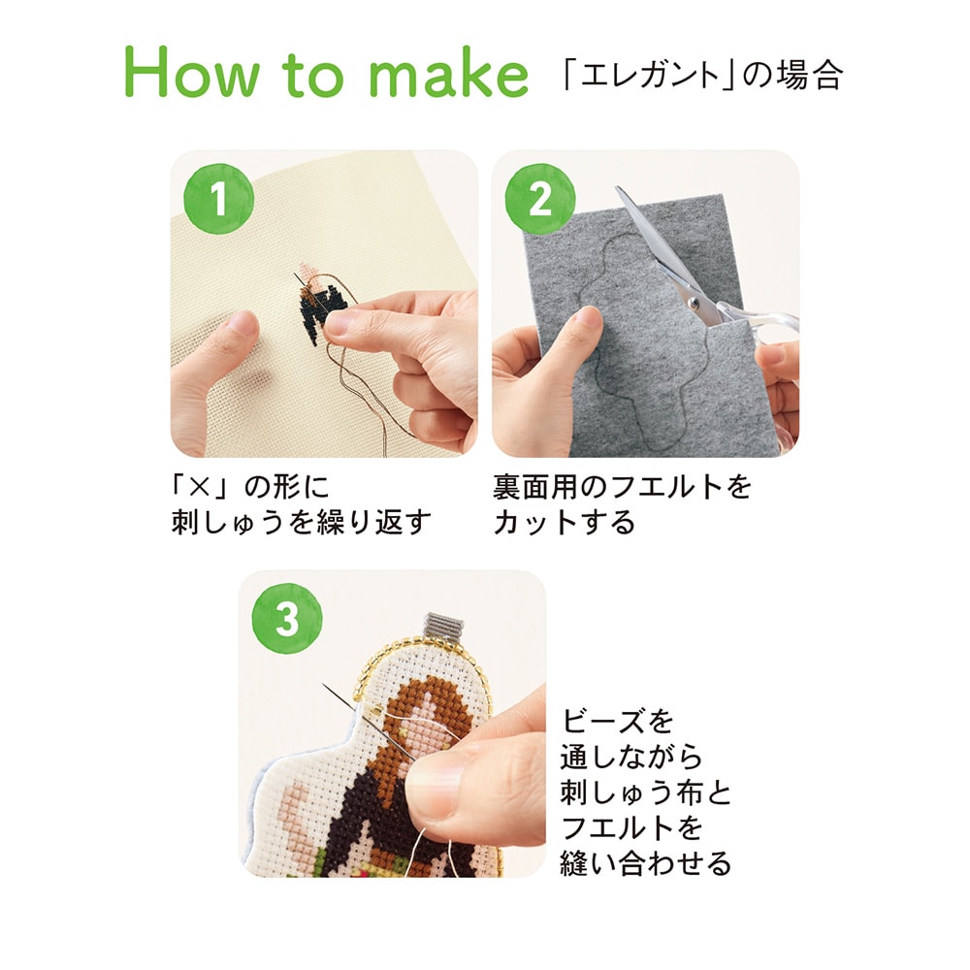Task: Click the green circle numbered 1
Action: click(x=218, y=199)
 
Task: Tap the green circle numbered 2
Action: click(x=540, y=199)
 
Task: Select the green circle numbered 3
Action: click(x=287, y=619)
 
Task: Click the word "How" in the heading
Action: click(x=192, y=73)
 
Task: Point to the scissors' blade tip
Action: click(x=617, y=188)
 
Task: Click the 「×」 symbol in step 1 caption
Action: click(x=197, y=488)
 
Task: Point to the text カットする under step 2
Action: click(x=564, y=523)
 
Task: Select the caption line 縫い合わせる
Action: click(x=646, y=863)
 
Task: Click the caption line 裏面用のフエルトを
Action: click(x=622, y=487)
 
